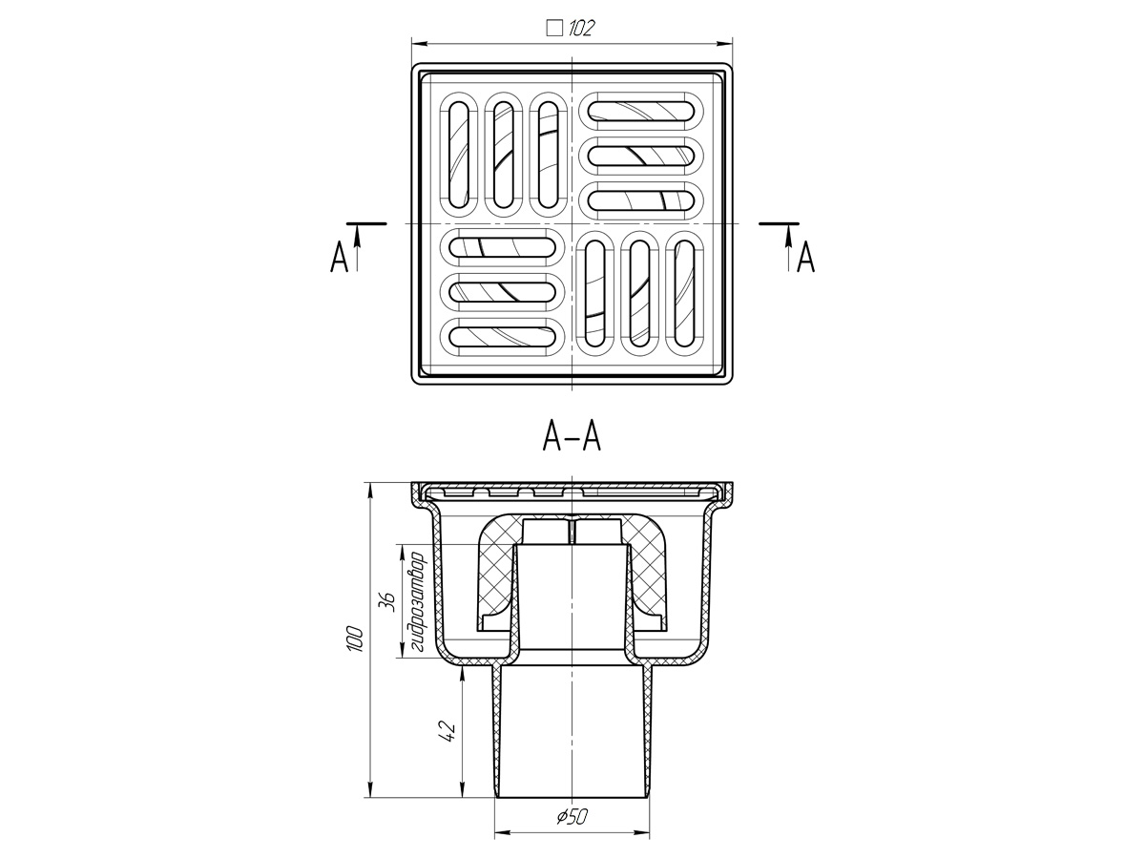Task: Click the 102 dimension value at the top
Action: (x=580, y=28)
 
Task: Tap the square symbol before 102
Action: (x=554, y=28)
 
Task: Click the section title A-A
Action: (x=572, y=436)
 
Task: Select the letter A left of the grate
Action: (x=339, y=257)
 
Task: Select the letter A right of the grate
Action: (x=806, y=257)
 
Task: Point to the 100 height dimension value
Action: (x=354, y=638)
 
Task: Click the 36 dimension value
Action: (x=387, y=601)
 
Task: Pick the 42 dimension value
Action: (x=448, y=731)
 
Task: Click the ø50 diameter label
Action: (x=572, y=816)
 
